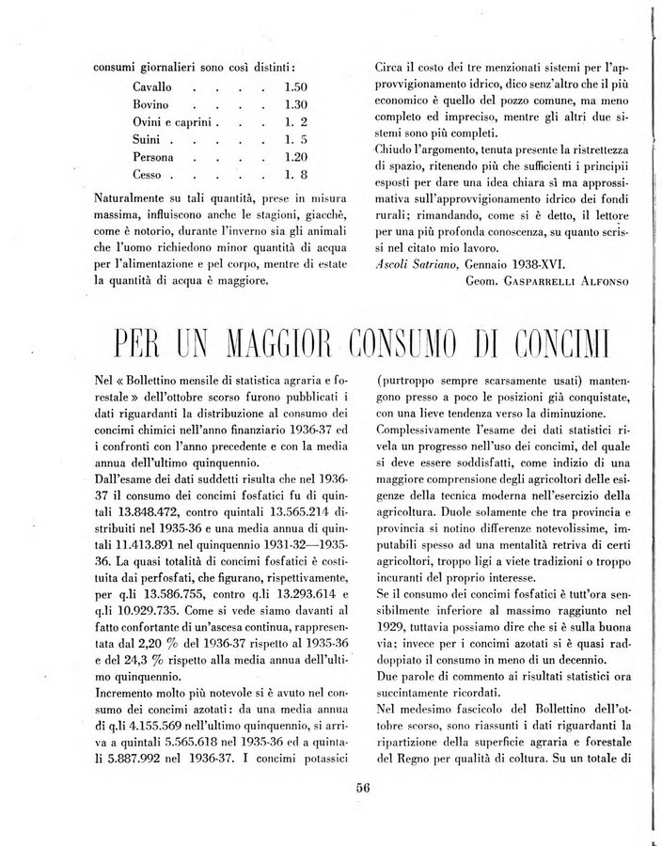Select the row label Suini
click(x=148, y=139)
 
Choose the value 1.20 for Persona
click(x=296, y=157)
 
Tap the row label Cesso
click(x=149, y=175)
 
